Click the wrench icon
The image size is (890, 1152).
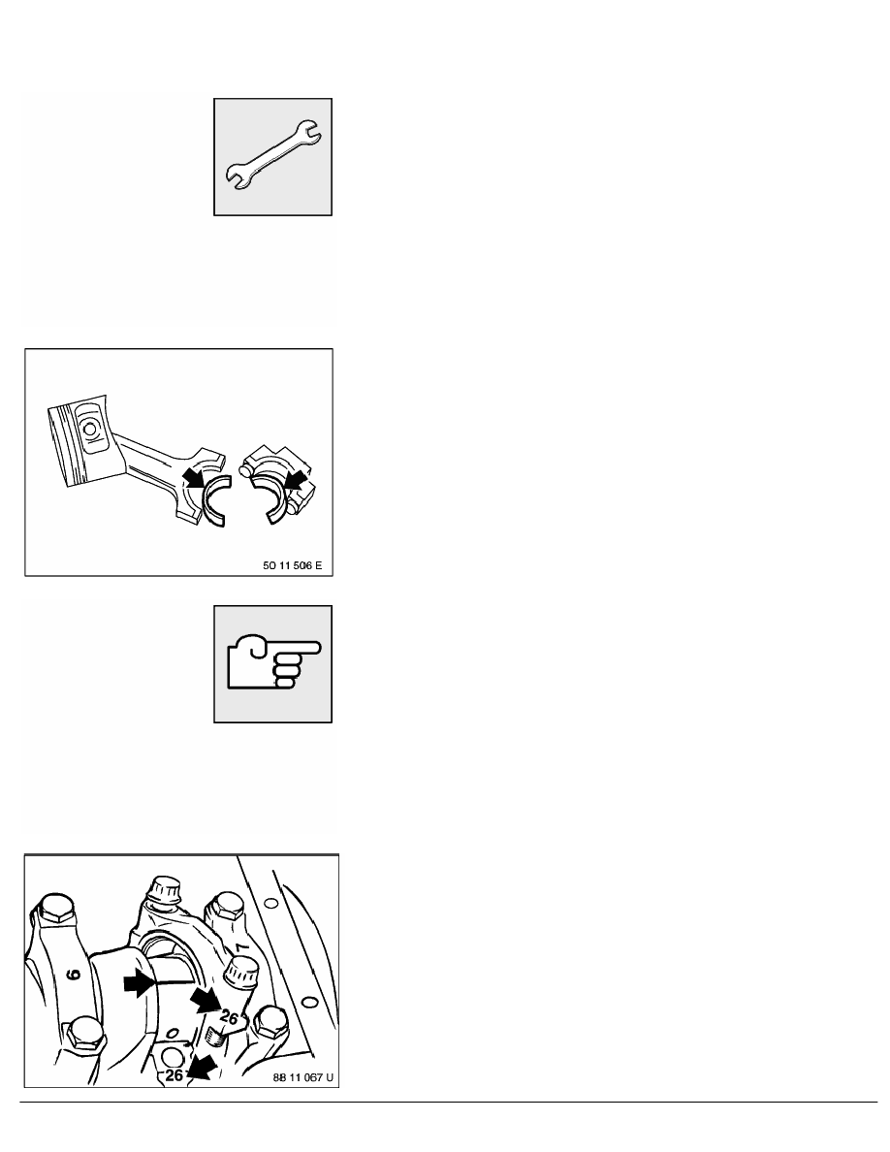coord(273,156)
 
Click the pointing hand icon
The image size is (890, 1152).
coord(274,664)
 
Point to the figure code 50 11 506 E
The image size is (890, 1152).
coord(292,565)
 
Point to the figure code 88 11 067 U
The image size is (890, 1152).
coord(302,1077)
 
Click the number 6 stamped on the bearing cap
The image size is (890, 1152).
coord(74,974)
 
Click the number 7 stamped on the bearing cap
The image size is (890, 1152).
coord(240,948)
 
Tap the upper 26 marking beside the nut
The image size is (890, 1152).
coord(229,1018)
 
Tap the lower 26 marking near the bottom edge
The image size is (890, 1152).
coord(175,1074)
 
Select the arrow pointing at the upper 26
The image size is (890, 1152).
coord(205,999)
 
